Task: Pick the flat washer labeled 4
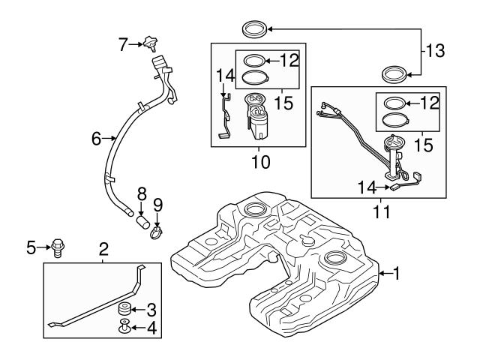click(x=124, y=327)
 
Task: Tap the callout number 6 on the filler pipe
click(x=96, y=139)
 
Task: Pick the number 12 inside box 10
click(x=287, y=60)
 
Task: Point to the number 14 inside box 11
click(x=367, y=188)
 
